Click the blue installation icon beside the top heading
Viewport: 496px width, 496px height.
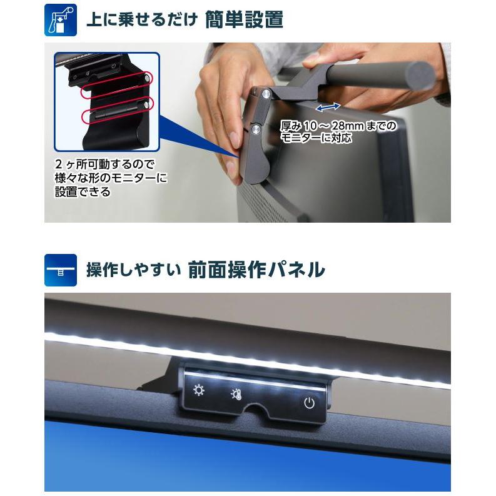pyautogui.click(x=60, y=20)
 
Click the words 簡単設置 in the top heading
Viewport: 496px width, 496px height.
pyautogui.click(x=244, y=20)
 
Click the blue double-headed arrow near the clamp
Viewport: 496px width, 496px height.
pyautogui.click(x=328, y=107)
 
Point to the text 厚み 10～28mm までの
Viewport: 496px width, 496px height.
pyautogui.click(x=338, y=126)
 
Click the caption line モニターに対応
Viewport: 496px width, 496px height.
pyautogui.click(x=316, y=138)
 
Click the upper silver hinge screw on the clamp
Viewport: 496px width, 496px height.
pyautogui.click(x=267, y=93)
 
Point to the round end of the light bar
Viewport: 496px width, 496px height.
pyautogui.click(x=421, y=76)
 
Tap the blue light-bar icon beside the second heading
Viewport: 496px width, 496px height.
pyautogui.click(x=60, y=270)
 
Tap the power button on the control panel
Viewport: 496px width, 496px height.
pyautogui.click(x=309, y=403)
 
